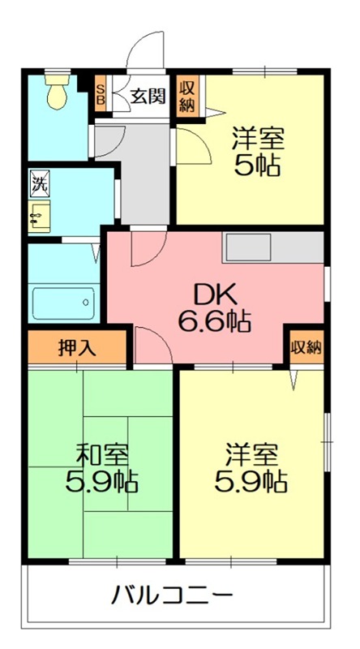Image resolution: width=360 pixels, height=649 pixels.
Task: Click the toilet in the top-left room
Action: coord(57,92)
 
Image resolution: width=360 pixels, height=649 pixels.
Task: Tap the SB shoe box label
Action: coord(101,93)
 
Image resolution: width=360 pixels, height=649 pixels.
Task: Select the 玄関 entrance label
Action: coord(148,97)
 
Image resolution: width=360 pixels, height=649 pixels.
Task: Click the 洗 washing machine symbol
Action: coord(40,182)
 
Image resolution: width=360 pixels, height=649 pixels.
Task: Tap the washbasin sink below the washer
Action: coord(39,216)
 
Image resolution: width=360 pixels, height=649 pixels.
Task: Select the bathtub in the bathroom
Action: coord(64,303)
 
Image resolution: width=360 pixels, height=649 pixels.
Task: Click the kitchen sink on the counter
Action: coord(247,247)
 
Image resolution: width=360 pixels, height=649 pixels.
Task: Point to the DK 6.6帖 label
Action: coord(214,308)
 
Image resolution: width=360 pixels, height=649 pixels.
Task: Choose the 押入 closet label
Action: coord(77,349)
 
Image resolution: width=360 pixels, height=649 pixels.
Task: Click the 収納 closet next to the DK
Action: coord(306,348)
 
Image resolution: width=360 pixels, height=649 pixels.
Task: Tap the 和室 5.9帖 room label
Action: coord(102,468)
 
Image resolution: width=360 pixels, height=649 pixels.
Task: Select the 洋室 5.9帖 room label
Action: coord(251,468)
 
